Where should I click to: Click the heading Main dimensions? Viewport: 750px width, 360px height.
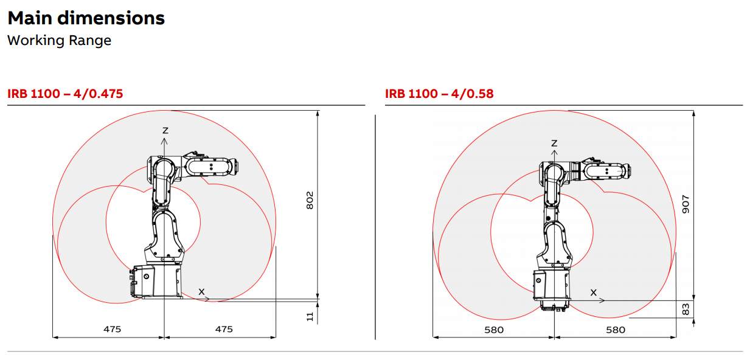tap(86, 18)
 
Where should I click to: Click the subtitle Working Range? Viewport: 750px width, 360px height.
tap(59, 41)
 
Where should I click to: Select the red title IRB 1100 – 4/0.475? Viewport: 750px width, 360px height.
tap(65, 94)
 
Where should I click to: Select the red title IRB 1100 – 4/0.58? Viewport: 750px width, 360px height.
tap(439, 94)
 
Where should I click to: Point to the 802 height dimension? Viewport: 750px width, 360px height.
tap(309, 201)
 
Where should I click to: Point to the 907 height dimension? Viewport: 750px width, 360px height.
tap(686, 203)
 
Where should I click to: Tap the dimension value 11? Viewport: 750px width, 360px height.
tap(309, 316)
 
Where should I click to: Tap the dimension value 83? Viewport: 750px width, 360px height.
tap(686, 310)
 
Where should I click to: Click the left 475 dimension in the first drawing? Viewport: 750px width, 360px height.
tap(112, 329)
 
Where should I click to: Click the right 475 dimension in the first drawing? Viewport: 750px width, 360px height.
tap(224, 329)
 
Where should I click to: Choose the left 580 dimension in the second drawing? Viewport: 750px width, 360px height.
tap(494, 330)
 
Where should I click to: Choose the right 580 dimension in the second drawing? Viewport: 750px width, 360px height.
tap(616, 330)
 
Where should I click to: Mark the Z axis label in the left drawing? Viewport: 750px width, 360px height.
tap(164, 130)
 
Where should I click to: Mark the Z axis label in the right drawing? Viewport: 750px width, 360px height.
tap(554, 143)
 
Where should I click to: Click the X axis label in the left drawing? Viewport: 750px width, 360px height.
tap(201, 291)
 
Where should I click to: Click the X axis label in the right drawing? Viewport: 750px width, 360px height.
tap(594, 292)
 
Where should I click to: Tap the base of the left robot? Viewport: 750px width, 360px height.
tap(157, 282)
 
